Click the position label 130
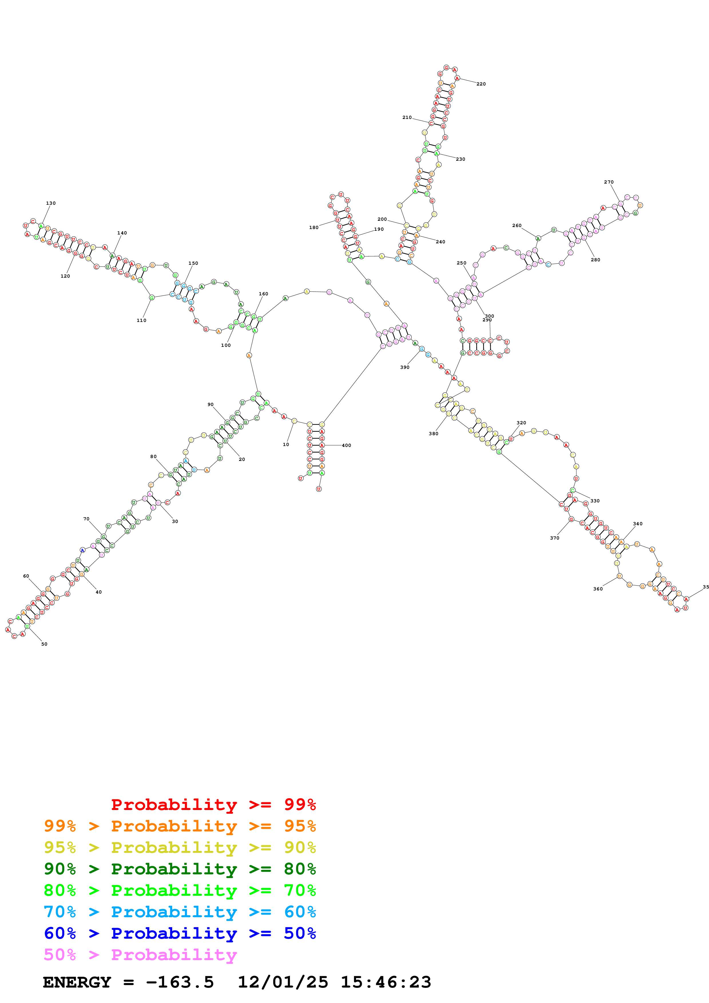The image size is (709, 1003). click(x=51, y=203)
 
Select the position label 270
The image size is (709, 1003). click(x=609, y=182)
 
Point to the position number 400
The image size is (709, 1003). click(x=346, y=445)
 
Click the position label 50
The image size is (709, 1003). click(x=44, y=644)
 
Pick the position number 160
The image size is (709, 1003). click(x=263, y=294)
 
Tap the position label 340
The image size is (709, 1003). click(x=637, y=524)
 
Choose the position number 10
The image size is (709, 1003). click(x=286, y=445)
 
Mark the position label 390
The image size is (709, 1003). click(x=404, y=367)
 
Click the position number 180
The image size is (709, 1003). click(x=314, y=228)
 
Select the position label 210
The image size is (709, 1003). click(x=407, y=118)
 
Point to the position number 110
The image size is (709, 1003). click(x=141, y=321)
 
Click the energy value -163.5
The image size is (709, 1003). click(x=180, y=982)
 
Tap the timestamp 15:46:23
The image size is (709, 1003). click(x=386, y=982)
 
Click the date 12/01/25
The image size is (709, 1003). click(x=283, y=982)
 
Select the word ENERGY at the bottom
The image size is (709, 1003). click(x=77, y=982)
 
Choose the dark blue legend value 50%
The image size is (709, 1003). click(x=300, y=934)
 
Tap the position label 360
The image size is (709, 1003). click(x=598, y=589)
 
